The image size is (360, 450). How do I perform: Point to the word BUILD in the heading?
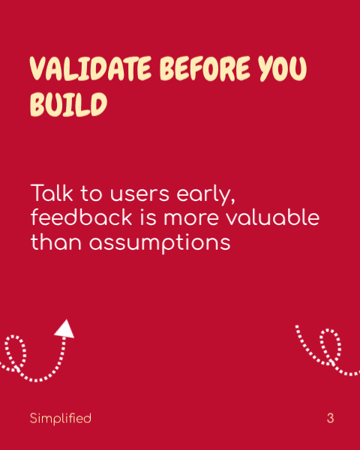pos(68,104)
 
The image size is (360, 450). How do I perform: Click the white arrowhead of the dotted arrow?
pos(65,328)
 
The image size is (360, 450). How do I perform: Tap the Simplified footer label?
pos(60,418)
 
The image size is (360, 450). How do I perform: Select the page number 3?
pos(330,418)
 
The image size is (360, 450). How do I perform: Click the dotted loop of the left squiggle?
pos(15,351)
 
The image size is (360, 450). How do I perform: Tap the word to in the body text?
pos(91,193)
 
